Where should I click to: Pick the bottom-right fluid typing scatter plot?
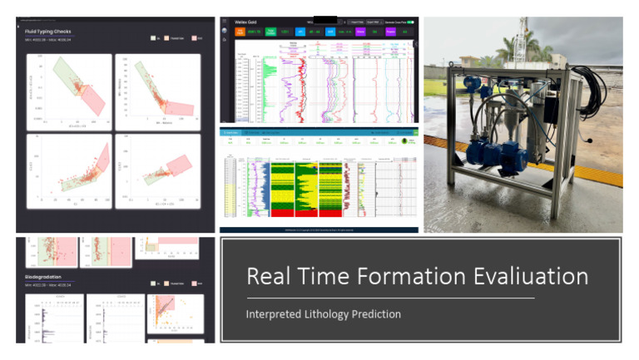click(158, 170)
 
